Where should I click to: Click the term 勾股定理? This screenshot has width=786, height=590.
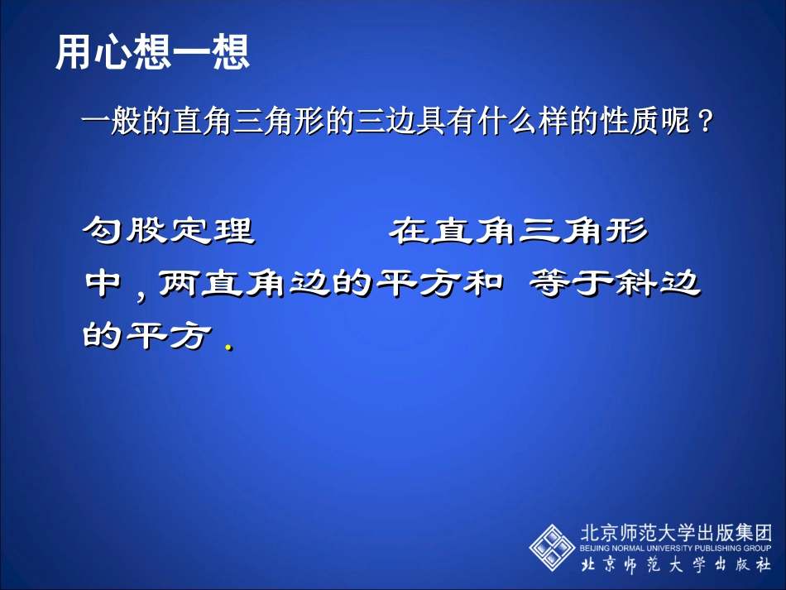[169, 231]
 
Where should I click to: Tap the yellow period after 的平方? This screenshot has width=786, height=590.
[227, 347]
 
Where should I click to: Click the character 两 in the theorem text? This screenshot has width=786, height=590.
[176, 285]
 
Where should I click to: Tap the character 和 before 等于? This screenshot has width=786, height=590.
[482, 285]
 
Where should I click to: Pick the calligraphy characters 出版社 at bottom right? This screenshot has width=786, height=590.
[732, 566]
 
